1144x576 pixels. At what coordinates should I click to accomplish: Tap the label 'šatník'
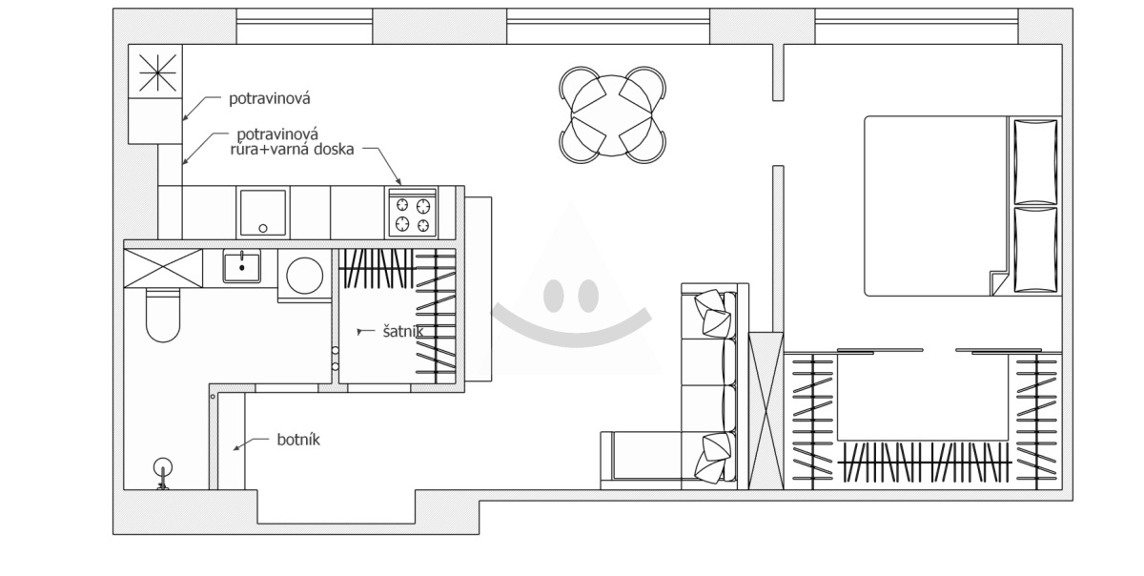(403, 331)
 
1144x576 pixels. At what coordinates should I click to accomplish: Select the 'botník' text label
(298, 440)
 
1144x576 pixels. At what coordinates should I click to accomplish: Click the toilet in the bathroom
(163, 315)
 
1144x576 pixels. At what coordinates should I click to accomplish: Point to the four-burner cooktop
(413, 213)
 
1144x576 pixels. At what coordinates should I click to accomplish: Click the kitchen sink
(263, 213)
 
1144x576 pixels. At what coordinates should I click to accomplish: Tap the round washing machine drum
(305, 276)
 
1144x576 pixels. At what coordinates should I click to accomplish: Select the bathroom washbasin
(241, 266)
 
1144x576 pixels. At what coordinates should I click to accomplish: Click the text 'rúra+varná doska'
(292, 149)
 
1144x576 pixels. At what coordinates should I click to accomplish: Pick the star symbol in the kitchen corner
(157, 72)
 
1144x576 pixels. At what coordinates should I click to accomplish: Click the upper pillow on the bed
(1035, 162)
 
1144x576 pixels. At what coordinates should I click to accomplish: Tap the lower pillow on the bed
(1035, 250)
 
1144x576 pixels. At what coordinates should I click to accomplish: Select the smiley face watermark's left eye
(553, 296)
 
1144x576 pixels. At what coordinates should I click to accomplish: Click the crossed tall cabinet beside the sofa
(766, 411)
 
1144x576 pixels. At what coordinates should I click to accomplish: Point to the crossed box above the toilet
(163, 268)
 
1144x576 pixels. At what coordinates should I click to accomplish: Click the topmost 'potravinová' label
(269, 98)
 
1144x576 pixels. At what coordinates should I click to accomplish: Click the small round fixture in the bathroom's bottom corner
(163, 467)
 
